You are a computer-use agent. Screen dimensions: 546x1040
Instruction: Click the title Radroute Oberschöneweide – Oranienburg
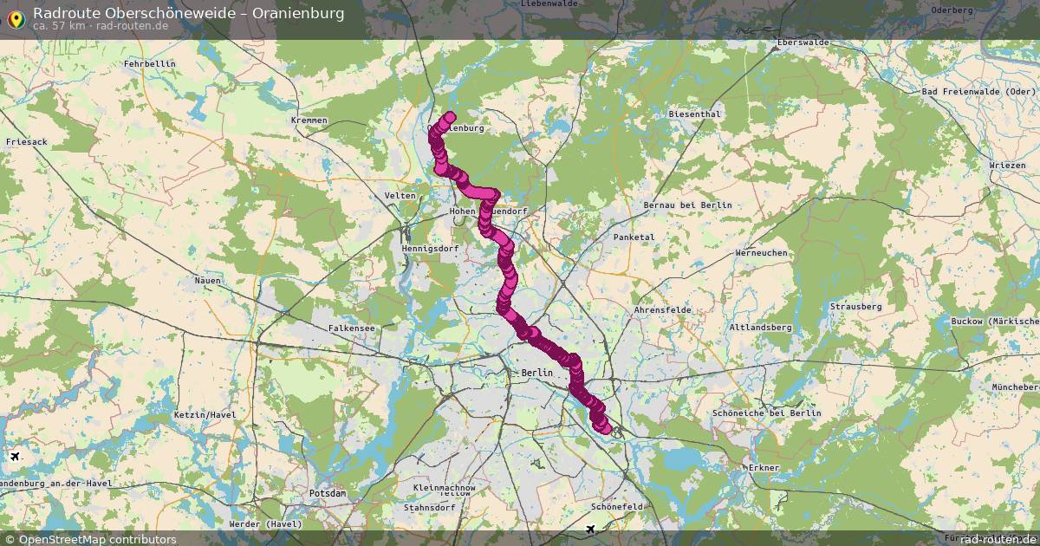click(x=188, y=13)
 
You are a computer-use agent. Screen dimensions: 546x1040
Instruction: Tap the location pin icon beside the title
click(x=16, y=18)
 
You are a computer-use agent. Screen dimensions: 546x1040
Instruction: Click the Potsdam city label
click(x=328, y=493)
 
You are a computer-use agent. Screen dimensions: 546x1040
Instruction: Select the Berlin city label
click(x=537, y=373)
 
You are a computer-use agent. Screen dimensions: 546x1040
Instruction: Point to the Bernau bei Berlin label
click(x=687, y=205)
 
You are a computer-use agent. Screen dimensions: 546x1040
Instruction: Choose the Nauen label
click(x=208, y=281)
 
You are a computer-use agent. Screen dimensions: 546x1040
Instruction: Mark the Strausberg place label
click(x=855, y=307)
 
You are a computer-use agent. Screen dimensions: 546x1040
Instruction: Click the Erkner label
click(x=764, y=468)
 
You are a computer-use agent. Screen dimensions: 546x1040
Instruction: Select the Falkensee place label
click(x=352, y=328)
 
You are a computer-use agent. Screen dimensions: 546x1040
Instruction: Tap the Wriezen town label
click(x=1006, y=165)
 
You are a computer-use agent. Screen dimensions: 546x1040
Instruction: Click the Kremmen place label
click(x=309, y=120)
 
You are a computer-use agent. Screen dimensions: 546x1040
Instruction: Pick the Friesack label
click(x=27, y=141)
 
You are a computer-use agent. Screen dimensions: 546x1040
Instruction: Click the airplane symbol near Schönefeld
click(x=591, y=529)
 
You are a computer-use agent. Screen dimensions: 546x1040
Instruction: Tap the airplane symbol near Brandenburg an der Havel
click(x=15, y=456)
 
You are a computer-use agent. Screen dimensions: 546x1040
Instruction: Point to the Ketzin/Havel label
click(x=205, y=415)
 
